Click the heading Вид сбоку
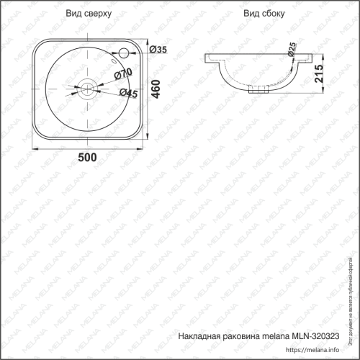coord(261,14)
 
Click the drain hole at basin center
coord(86,89)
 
